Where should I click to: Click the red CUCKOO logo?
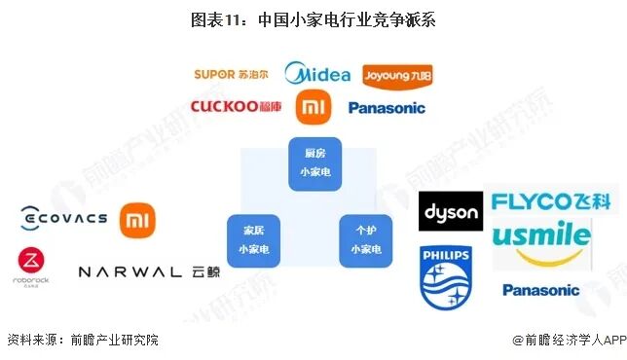click(x=237, y=107)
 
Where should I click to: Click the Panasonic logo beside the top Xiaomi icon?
click(x=386, y=108)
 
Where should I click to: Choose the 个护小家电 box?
click(x=365, y=240)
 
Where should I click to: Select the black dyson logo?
click(x=450, y=211)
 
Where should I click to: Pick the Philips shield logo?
click(x=445, y=275)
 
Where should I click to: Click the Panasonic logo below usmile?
click(x=540, y=290)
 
